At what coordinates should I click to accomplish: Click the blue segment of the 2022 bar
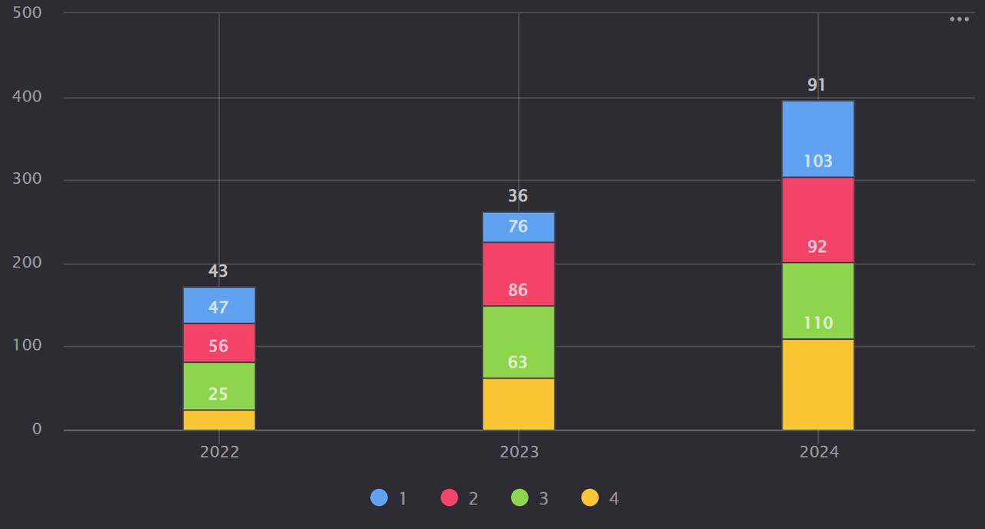point(219,305)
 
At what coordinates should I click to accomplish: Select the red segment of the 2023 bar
point(518,274)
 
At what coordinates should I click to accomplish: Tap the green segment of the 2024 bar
point(817,301)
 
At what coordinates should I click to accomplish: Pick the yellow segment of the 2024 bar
point(817,384)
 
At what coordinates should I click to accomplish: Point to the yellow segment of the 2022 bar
point(219,420)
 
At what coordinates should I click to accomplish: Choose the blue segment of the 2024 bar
point(817,138)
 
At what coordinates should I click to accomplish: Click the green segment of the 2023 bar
point(518,341)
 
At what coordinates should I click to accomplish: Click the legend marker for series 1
point(379,498)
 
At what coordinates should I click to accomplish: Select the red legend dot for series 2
point(449,498)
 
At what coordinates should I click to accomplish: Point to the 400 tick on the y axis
point(27,97)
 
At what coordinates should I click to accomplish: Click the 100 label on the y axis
point(27,346)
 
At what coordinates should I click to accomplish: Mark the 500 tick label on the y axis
point(27,13)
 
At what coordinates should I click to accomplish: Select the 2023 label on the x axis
point(519,452)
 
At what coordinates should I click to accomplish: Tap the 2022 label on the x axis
point(219,452)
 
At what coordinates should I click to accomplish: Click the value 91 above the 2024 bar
point(816,85)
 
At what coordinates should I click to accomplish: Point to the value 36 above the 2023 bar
point(518,196)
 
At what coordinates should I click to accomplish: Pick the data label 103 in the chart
point(817,161)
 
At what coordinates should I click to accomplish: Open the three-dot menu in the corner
point(959,19)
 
